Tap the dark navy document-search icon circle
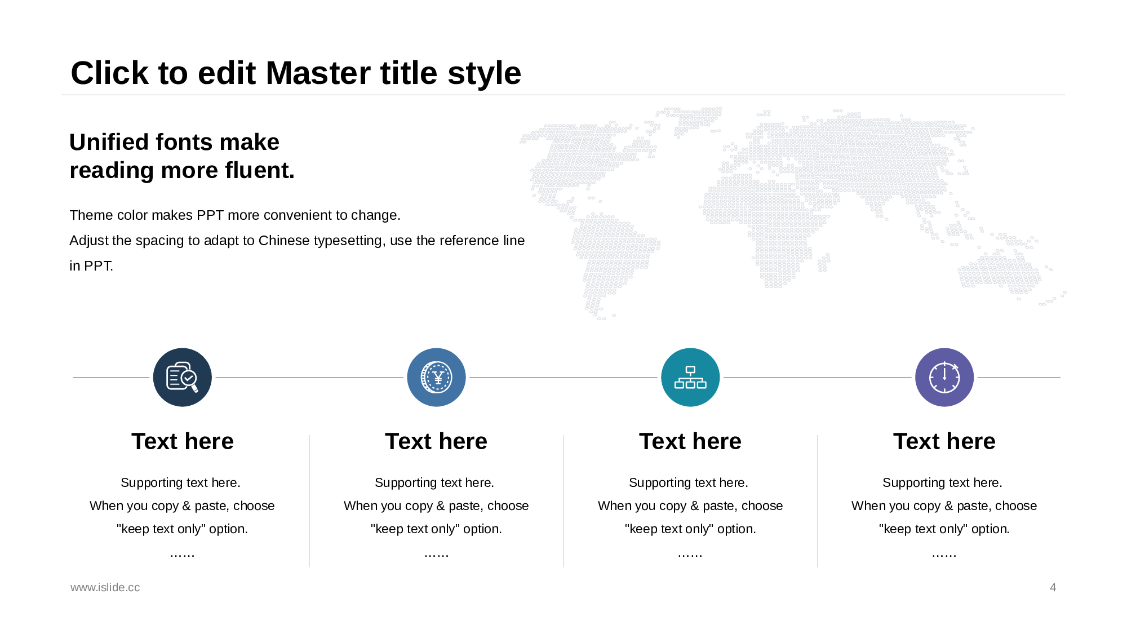click(183, 377)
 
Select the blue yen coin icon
click(436, 377)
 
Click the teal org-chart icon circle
click(690, 377)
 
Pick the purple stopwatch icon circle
click(944, 377)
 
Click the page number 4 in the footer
click(1053, 587)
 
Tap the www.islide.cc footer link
click(105, 587)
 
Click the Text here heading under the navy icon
click(183, 441)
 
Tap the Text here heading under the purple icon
click(944, 441)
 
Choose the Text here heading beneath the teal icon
click(690, 441)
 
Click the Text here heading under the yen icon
click(436, 441)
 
